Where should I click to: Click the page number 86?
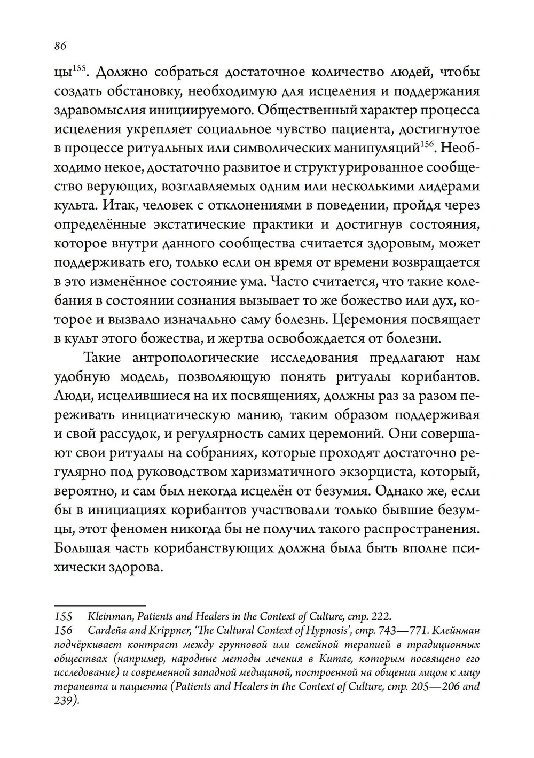click(60, 46)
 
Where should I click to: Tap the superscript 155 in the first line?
click(78, 68)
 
